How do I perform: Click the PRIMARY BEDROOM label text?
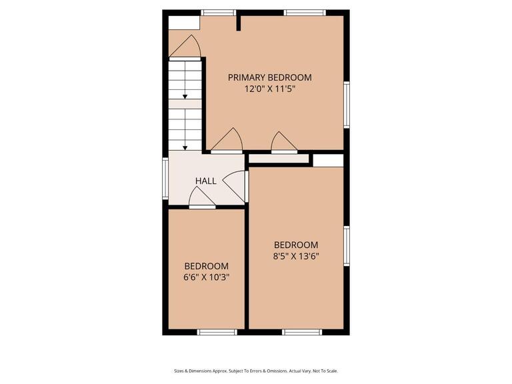(269, 77)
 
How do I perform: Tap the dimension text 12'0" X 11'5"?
(269, 89)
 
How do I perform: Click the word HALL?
(205, 181)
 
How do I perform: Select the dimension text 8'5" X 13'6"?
(296, 256)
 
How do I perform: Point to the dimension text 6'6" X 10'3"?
(206, 277)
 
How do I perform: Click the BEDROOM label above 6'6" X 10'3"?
(206, 265)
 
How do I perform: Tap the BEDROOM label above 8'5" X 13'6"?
(296, 245)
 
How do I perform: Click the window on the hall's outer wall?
(165, 178)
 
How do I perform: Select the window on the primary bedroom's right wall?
(346, 104)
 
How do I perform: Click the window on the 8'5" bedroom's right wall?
(346, 246)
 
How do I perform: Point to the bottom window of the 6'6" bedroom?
(217, 331)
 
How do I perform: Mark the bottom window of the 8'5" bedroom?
(302, 331)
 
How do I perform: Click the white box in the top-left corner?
(183, 23)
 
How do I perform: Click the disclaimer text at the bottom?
(256, 371)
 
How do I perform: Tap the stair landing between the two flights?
(185, 104)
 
